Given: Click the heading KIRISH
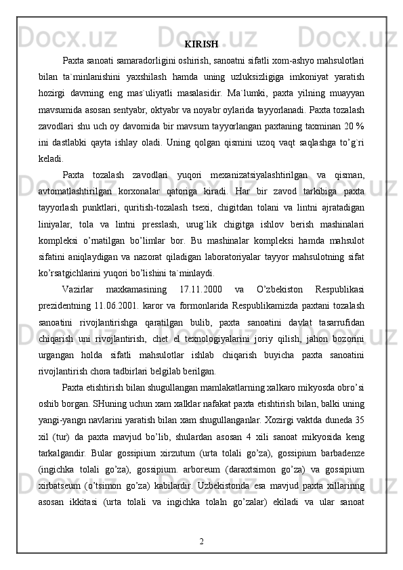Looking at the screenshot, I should tap(201, 45).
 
